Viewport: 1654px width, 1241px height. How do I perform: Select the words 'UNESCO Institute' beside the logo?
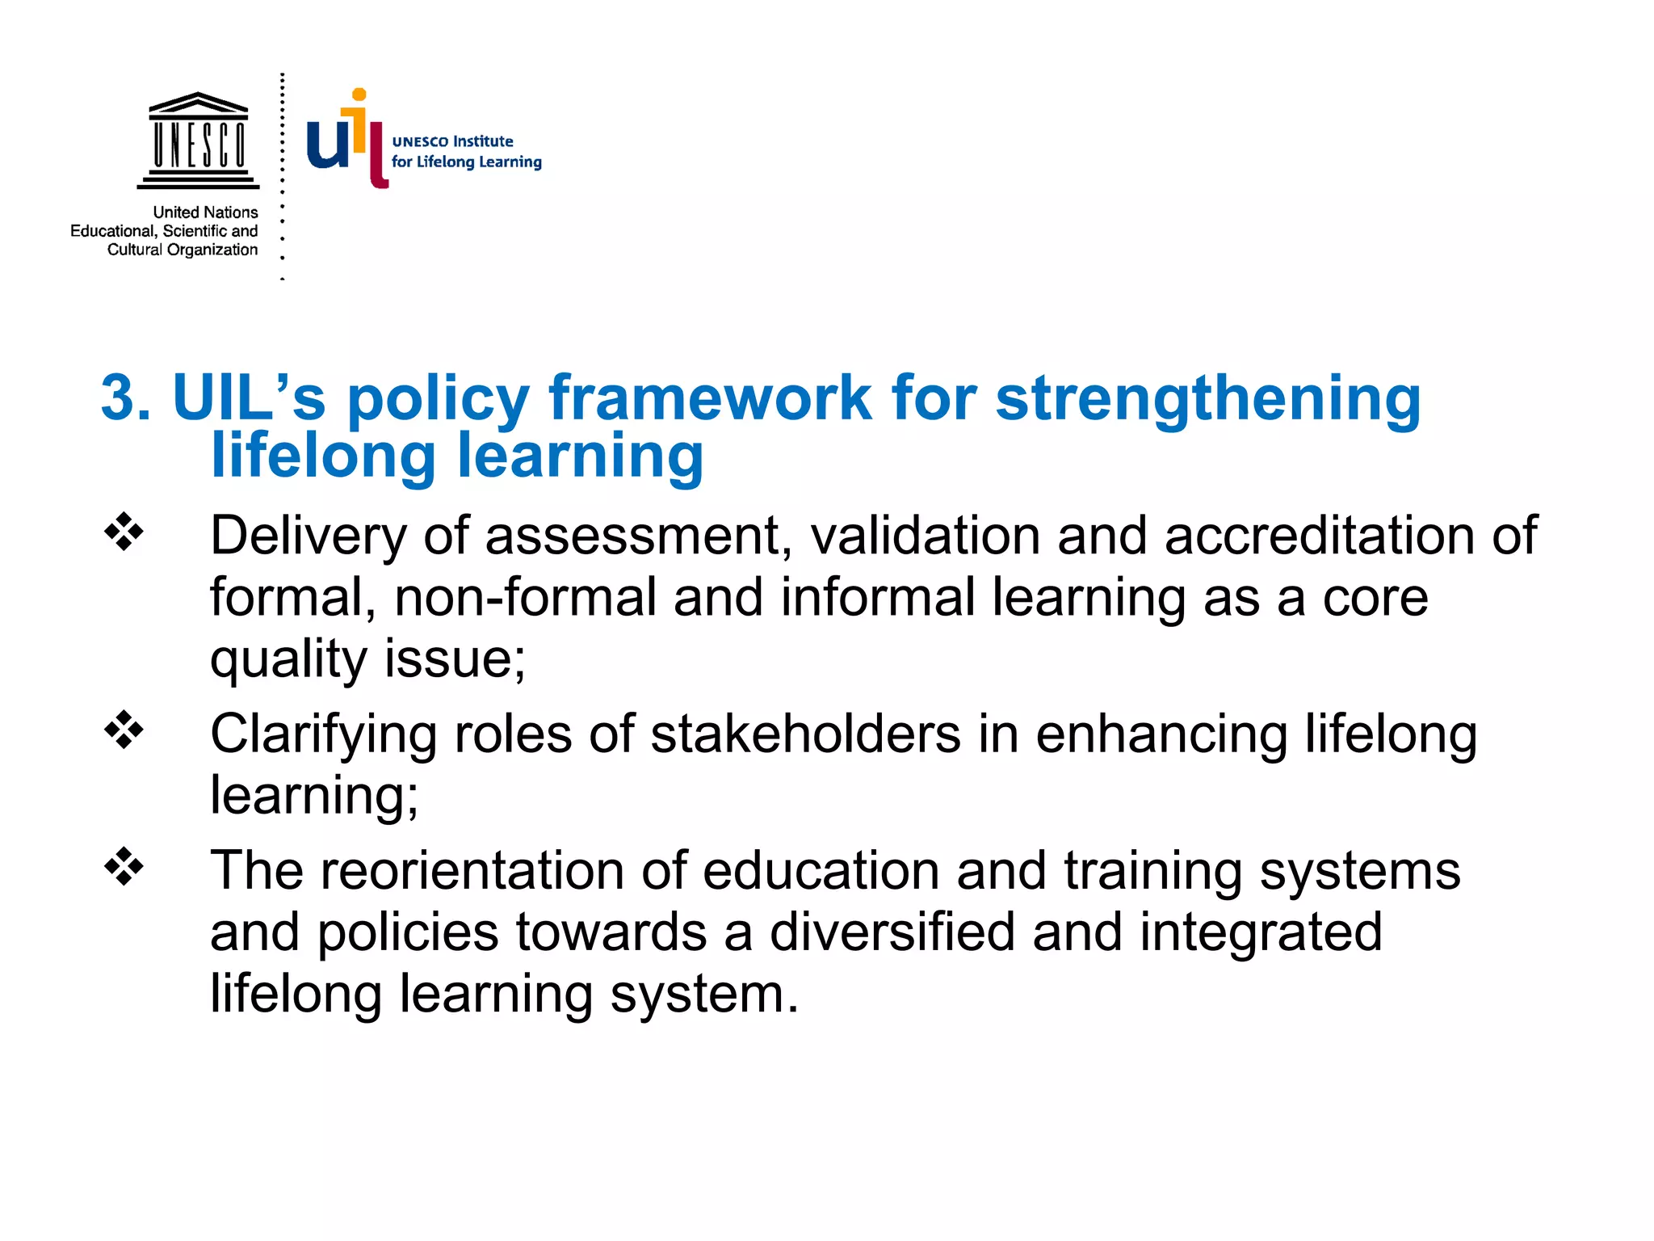tap(452, 141)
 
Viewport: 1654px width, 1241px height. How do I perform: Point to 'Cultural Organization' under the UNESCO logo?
tap(183, 250)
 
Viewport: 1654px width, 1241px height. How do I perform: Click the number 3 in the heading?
tap(126, 398)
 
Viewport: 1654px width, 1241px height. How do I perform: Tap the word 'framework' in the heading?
tap(710, 398)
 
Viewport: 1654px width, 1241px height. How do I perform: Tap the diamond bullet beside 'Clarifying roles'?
tap(124, 730)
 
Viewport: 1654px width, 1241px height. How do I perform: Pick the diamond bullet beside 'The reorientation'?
tap(124, 867)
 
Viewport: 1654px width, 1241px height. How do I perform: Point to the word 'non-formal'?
tap(525, 598)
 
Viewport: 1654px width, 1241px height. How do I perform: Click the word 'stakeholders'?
tap(805, 734)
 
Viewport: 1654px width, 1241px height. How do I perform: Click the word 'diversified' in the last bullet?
tap(892, 932)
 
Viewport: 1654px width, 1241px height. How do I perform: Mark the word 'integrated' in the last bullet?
tap(1261, 932)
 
